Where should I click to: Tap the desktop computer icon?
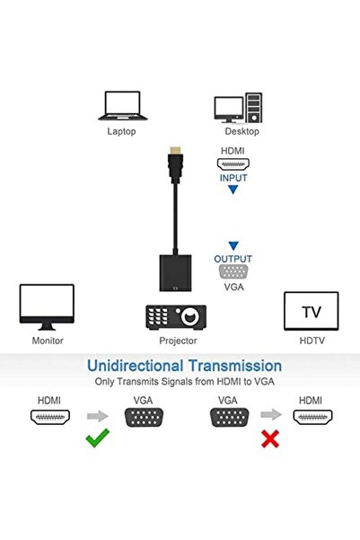point(235,106)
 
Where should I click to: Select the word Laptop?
point(121,131)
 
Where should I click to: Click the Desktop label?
point(235,131)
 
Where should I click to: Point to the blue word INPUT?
point(233,177)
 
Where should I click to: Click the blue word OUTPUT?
point(233,259)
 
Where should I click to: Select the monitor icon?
point(47,307)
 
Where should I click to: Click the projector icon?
point(177,316)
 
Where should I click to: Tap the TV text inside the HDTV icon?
point(311,313)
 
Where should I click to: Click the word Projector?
point(178,341)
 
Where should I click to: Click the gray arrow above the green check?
point(96,417)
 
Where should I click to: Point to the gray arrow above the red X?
point(268,417)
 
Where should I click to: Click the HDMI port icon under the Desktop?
point(233,164)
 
